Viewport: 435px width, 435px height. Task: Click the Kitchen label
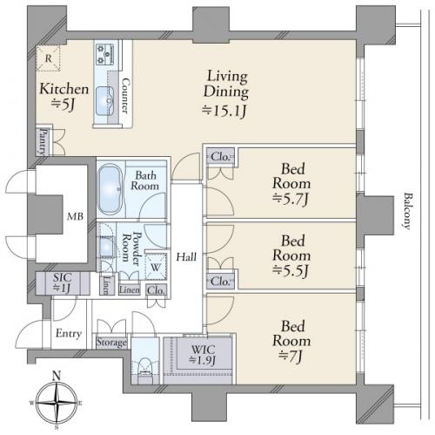point(64,89)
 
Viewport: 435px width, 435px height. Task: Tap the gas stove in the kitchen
point(105,54)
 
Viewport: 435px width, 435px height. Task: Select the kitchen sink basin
point(104,101)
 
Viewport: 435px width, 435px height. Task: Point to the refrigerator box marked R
point(48,58)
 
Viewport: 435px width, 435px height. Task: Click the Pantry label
point(43,141)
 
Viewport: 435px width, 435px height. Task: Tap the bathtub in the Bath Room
point(110,189)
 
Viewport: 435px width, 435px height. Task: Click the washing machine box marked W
point(156,267)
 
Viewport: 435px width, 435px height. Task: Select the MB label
point(75,216)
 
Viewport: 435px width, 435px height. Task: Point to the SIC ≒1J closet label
point(62,283)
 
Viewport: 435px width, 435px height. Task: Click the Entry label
point(69,333)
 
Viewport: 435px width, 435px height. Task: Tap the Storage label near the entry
point(111,343)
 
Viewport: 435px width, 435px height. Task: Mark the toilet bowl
point(144,367)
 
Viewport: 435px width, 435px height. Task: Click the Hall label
point(186,257)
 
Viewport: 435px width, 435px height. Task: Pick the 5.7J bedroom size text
point(291,200)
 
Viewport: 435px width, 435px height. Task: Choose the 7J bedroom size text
point(291,356)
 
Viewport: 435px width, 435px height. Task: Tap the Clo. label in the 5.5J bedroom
point(221,282)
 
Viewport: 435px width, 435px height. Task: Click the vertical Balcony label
point(408,211)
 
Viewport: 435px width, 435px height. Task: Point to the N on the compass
point(57,376)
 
